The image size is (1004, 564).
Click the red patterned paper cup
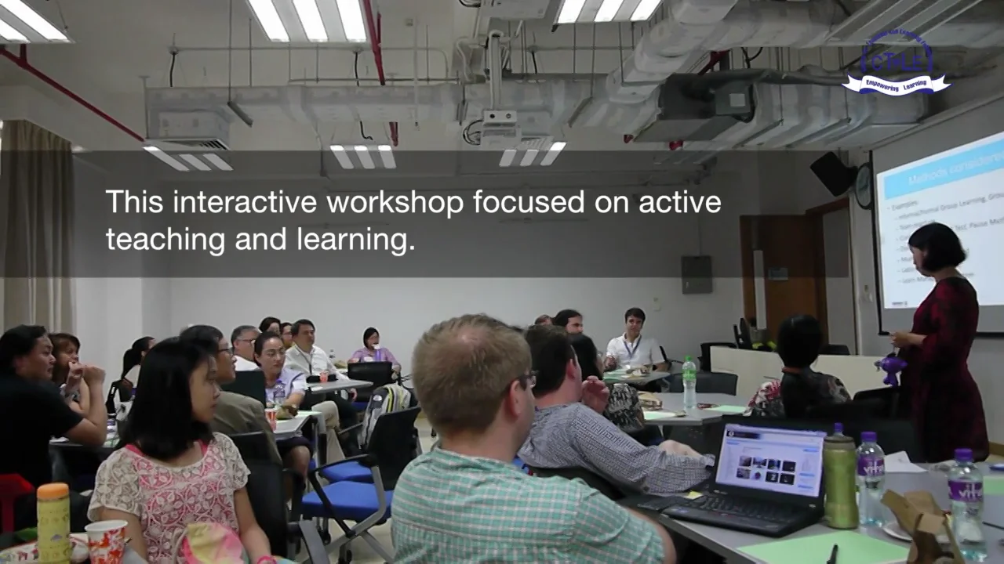click(x=106, y=541)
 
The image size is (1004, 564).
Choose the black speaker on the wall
click(x=833, y=172)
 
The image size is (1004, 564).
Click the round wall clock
click(x=864, y=186)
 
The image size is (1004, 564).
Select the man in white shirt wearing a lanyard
click(x=634, y=341)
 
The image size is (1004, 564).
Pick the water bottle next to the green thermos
click(x=870, y=478)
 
